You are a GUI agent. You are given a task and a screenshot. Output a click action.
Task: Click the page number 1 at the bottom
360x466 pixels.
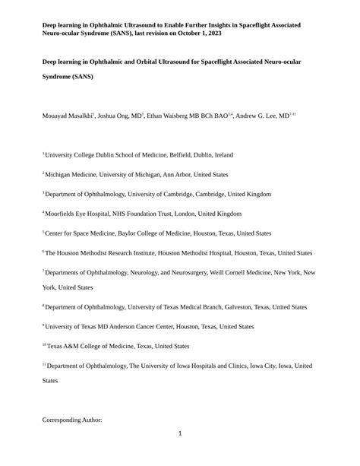180,434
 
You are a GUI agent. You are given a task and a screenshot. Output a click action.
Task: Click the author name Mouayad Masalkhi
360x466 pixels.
66,116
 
